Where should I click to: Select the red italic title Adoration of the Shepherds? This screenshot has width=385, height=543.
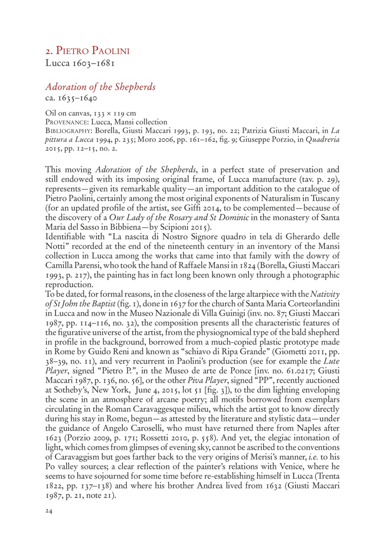pyautogui.click(x=100, y=87)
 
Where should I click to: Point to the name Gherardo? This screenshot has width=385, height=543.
pyautogui.click(x=304, y=237)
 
